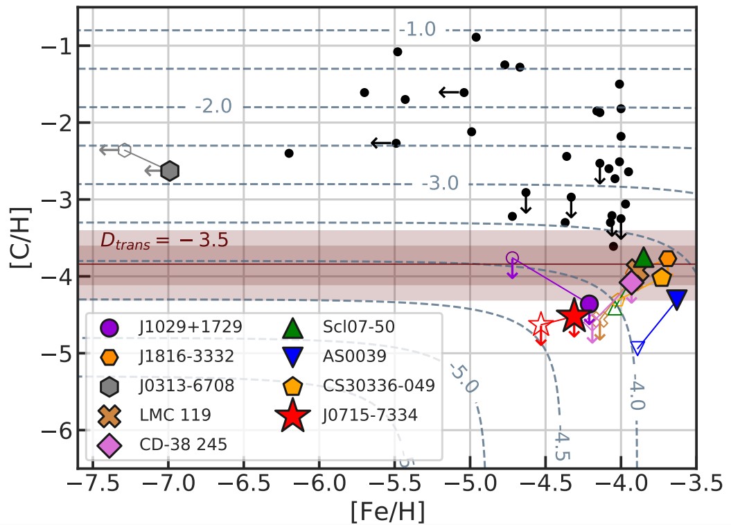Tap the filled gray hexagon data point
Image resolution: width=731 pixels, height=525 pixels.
[x=170, y=171]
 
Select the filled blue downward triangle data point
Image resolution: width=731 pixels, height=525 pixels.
[x=677, y=298]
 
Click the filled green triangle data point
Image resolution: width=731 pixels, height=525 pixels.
[x=643, y=257]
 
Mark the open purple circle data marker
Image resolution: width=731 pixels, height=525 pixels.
[x=512, y=258]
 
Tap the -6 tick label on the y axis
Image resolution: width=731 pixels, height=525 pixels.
[x=55, y=431]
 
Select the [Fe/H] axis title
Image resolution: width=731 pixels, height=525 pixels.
[x=387, y=512]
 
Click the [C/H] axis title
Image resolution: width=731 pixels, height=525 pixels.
[x=21, y=237]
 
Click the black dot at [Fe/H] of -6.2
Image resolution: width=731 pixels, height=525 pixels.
[x=289, y=153]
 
